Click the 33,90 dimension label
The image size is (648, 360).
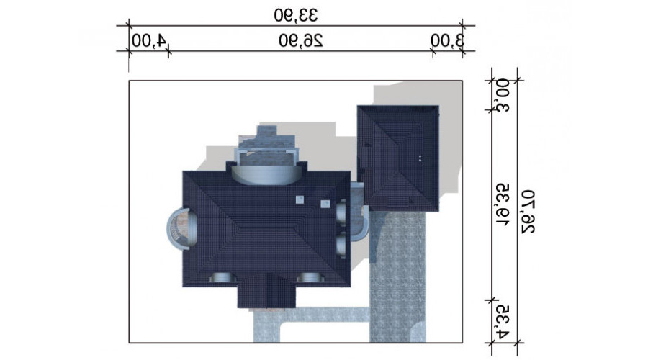296,15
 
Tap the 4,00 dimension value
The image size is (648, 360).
149,41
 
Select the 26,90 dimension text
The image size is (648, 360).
300,41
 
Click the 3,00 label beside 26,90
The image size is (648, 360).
448,41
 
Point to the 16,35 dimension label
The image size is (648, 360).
503,205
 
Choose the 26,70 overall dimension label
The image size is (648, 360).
527,212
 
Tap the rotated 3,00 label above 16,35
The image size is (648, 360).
503,96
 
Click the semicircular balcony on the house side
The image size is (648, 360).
181,228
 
